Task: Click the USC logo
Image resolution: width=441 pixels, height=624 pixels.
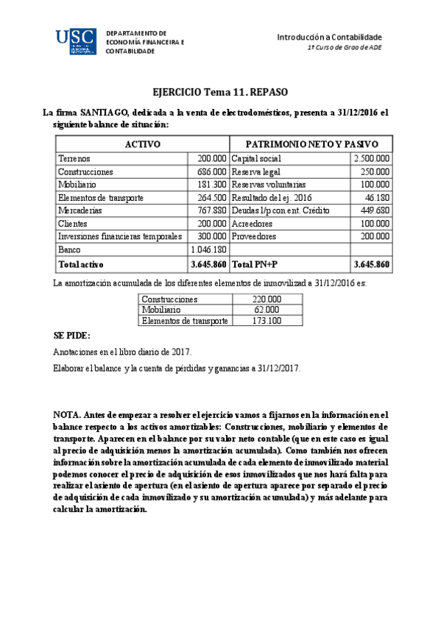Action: [75, 43]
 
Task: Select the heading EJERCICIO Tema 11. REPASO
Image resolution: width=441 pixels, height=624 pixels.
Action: [219, 93]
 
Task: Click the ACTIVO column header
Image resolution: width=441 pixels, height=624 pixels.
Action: [142, 144]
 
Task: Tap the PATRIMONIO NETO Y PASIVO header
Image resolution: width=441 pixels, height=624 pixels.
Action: [311, 144]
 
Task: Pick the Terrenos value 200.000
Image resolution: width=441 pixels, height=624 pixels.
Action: [212, 158]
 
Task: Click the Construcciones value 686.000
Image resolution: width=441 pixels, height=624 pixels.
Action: [212, 171]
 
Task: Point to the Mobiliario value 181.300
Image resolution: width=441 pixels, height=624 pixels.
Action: [212, 185]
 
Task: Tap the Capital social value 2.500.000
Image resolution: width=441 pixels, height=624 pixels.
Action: [371, 158]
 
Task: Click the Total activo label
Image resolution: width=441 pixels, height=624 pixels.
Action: [81, 263]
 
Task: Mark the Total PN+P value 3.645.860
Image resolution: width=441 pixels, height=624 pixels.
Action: [371, 263]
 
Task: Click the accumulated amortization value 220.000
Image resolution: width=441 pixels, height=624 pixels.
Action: [266, 300]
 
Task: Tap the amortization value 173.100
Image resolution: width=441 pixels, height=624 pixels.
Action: [266, 321]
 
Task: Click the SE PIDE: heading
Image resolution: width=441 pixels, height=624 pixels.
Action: [71, 336]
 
